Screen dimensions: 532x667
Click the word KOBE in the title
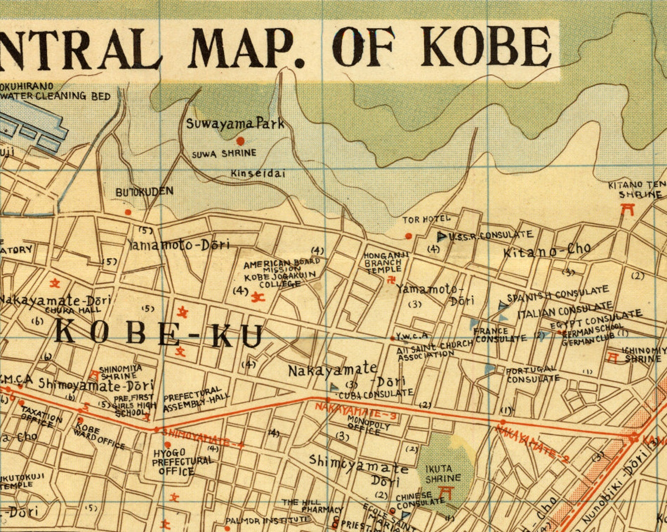(x=487, y=46)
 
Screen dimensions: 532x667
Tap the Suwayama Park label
(x=235, y=124)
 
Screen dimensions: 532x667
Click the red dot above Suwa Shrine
(x=240, y=141)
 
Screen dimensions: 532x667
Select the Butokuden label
(x=144, y=192)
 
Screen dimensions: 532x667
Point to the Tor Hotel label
(x=426, y=220)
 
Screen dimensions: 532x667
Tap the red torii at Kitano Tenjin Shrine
(x=627, y=209)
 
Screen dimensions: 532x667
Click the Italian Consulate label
(x=565, y=311)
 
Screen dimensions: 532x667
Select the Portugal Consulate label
(x=532, y=375)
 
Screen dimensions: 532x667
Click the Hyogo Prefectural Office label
(x=181, y=462)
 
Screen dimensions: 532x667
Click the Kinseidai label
(x=257, y=173)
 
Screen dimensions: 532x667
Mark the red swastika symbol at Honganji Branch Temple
(x=391, y=280)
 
